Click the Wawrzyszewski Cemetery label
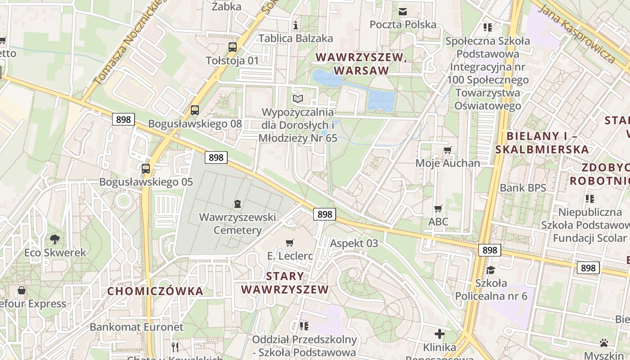[237, 224]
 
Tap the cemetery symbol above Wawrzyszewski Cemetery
[237, 204]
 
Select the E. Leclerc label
[290, 256]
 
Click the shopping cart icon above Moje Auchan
[447, 150]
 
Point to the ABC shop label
[438, 221]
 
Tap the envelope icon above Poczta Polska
[403, 11]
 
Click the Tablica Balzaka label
[296, 38]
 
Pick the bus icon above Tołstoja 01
[233, 47]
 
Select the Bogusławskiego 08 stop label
[195, 124]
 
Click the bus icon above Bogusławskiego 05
[146, 169]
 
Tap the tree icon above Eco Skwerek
[55, 239]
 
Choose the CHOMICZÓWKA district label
[155, 291]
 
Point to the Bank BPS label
[523, 188]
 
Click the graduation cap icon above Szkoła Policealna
[490, 270]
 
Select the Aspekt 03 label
[354, 243]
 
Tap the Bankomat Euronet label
[137, 327]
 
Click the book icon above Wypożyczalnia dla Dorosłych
[298, 99]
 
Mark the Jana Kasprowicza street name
[577, 34]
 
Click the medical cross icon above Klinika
[440, 334]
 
